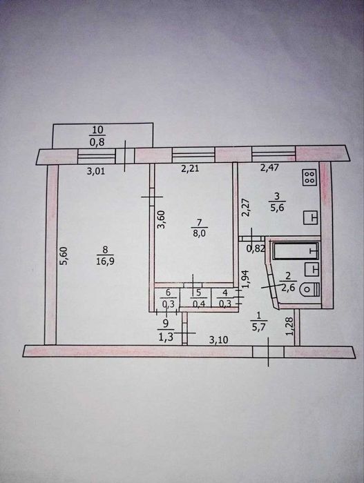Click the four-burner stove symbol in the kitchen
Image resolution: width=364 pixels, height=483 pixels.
[310, 177]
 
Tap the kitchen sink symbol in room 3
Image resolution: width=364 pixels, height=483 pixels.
[311, 218]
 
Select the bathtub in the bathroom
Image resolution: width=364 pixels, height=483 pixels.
[296, 251]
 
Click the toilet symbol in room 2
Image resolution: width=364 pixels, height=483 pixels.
[310, 290]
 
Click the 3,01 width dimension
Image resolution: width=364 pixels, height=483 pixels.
[95, 171]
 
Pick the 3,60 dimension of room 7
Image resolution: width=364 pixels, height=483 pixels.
[162, 219]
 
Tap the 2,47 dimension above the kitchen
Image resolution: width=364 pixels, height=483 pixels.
[269, 168]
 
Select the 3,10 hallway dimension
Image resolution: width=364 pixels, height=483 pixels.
[219, 339]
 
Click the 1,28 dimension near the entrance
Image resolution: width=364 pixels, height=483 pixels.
[289, 326]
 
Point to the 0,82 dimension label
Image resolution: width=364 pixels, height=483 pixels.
[256, 248]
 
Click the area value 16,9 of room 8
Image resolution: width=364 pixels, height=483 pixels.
[105, 262]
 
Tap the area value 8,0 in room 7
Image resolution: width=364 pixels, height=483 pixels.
[200, 233]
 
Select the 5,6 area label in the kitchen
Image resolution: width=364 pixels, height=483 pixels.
[277, 208]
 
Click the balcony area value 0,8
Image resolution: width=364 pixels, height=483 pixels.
[97, 142]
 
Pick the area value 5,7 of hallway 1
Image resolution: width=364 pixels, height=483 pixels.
[259, 327]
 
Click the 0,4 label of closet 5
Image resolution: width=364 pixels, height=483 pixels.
[198, 304]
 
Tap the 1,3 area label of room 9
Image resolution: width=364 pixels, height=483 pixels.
[166, 337]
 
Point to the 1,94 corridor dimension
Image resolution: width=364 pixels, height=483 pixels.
[247, 279]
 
